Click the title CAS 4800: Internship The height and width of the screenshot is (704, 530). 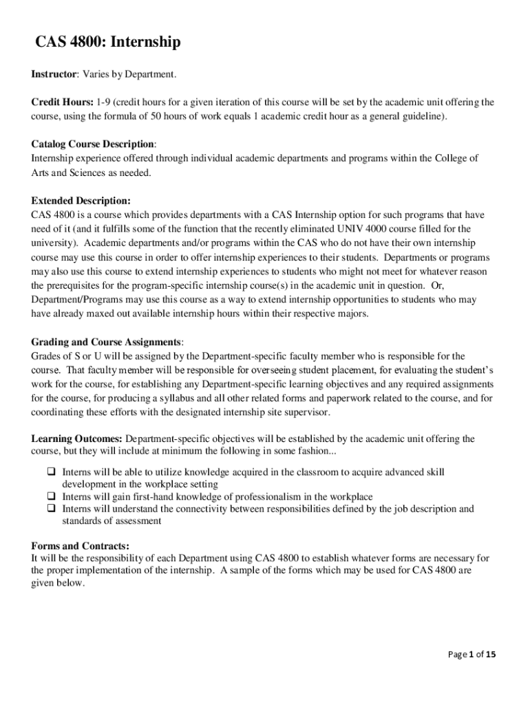pos(108,43)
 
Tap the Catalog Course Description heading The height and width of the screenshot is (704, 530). pos(93,144)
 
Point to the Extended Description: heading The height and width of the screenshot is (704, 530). pos(81,201)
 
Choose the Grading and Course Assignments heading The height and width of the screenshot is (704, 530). pos(106,342)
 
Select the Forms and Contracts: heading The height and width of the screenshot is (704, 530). pos(80,546)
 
